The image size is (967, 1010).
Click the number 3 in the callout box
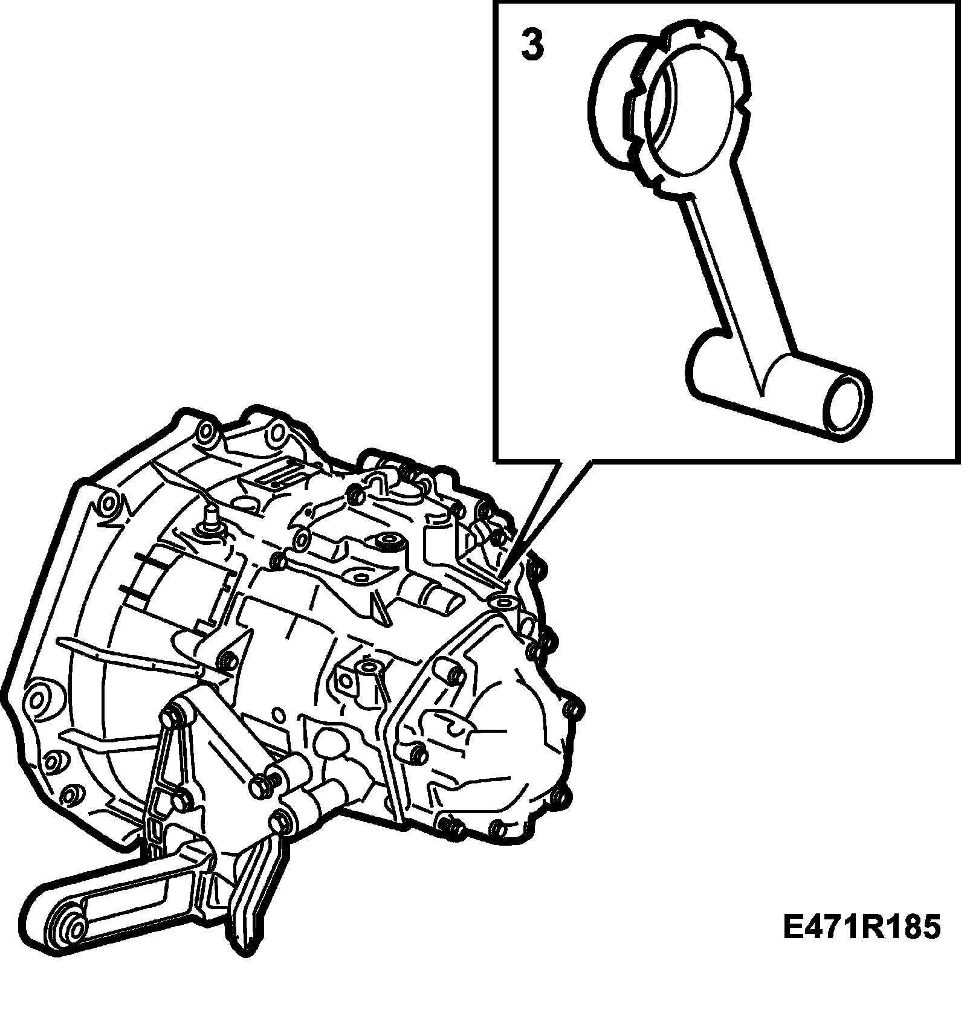(532, 46)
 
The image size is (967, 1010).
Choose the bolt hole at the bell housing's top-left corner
(205, 431)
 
